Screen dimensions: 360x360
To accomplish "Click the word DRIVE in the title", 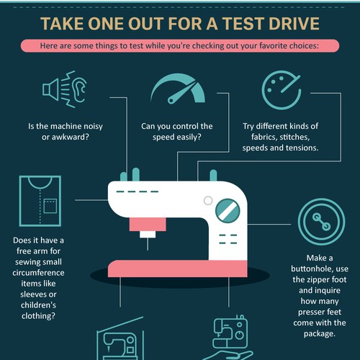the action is coord(294,24).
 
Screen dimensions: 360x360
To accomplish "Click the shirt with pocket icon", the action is coord(40,201).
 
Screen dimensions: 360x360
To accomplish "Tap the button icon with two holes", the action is coord(322,222).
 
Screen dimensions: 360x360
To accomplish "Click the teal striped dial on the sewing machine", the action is coord(228,210).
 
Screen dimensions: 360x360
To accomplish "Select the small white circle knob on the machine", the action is coord(208,200).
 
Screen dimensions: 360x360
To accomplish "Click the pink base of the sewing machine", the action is coord(178,269).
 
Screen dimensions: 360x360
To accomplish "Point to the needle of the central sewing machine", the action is coord(148,244).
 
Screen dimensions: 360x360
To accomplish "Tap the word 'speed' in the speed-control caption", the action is coord(163,138).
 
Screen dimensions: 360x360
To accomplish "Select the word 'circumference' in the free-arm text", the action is coord(38,273).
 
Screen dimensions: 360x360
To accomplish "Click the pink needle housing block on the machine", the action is coord(148,225).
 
